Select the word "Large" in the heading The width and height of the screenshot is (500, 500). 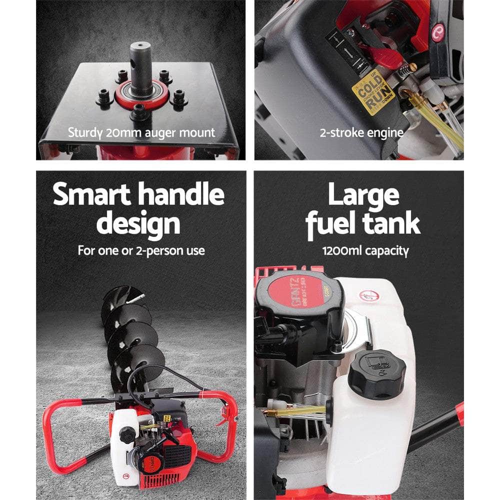(x=363, y=195)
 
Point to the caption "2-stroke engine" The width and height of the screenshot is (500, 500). (x=361, y=133)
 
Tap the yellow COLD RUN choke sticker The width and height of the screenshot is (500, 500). (x=373, y=92)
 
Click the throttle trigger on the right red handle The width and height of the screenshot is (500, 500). (x=223, y=418)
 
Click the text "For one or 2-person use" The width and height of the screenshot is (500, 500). (x=141, y=250)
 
